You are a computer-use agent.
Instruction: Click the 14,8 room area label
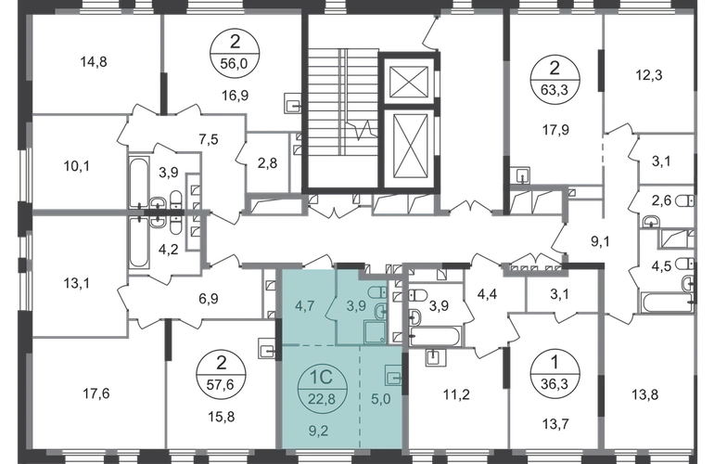pyautogui.click(x=94, y=61)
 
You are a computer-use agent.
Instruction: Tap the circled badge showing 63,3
pyautogui.click(x=555, y=79)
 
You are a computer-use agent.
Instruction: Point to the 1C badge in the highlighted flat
pyautogui.click(x=322, y=388)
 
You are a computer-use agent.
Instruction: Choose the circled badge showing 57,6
pyautogui.click(x=221, y=374)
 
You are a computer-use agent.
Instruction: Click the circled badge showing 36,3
pyautogui.click(x=555, y=374)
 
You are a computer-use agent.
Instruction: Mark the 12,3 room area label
pyautogui.click(x=649, y=75)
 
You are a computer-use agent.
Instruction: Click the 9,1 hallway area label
pyautogui.click(x=600, y=241)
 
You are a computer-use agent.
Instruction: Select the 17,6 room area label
pyautogui.click(x=96, y=393)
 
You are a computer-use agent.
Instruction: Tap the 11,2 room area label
pyautogui.click(x=456, y=394)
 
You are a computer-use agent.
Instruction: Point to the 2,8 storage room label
pyautogui.click(x=267, y=162)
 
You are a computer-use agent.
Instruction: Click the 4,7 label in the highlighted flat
pyautogui.click(x=304, y=305)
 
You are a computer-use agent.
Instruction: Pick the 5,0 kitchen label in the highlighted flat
pyautogui.click(x=381, y=399)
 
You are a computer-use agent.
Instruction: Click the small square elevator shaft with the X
pyautogui.click(x=409, y=82)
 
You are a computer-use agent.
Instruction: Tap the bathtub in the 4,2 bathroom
pyautogui.click(x=138, y=243)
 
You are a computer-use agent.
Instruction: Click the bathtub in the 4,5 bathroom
pyautogui.click(x=667, y=303)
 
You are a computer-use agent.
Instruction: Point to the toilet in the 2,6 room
pyautogui.click(x=685, y=200)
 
